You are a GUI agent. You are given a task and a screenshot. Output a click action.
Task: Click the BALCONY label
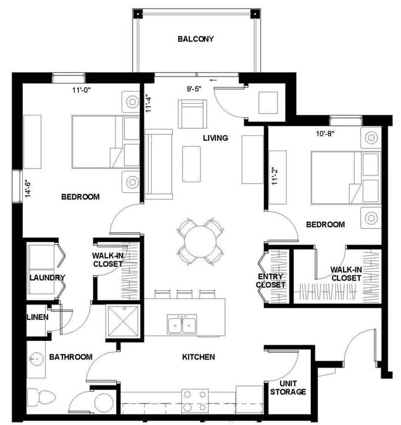(196, 39)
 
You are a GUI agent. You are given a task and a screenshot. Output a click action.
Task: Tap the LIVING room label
(215, 138)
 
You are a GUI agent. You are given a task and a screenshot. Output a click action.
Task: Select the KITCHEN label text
(198, 357)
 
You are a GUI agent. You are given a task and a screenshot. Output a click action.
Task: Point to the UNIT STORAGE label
(288, 387)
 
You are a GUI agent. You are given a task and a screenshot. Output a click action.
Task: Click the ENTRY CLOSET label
(271, 280)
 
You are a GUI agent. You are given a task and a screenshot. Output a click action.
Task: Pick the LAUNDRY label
(47, 278)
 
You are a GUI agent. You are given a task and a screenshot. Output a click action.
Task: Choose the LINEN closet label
(38, 318)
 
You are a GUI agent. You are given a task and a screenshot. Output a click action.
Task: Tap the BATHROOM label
(71, 357)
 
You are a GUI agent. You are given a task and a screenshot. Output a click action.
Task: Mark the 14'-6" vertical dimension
(28, 183)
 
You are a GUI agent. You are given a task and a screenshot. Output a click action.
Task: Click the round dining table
(199, 239)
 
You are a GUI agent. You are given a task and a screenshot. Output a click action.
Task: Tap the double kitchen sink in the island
(182, 323)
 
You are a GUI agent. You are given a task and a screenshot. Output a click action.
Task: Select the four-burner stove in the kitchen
(196, 396)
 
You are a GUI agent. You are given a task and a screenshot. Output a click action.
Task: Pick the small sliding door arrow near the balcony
(214, 80)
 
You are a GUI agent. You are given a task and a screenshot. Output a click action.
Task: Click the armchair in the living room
(191, 113)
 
